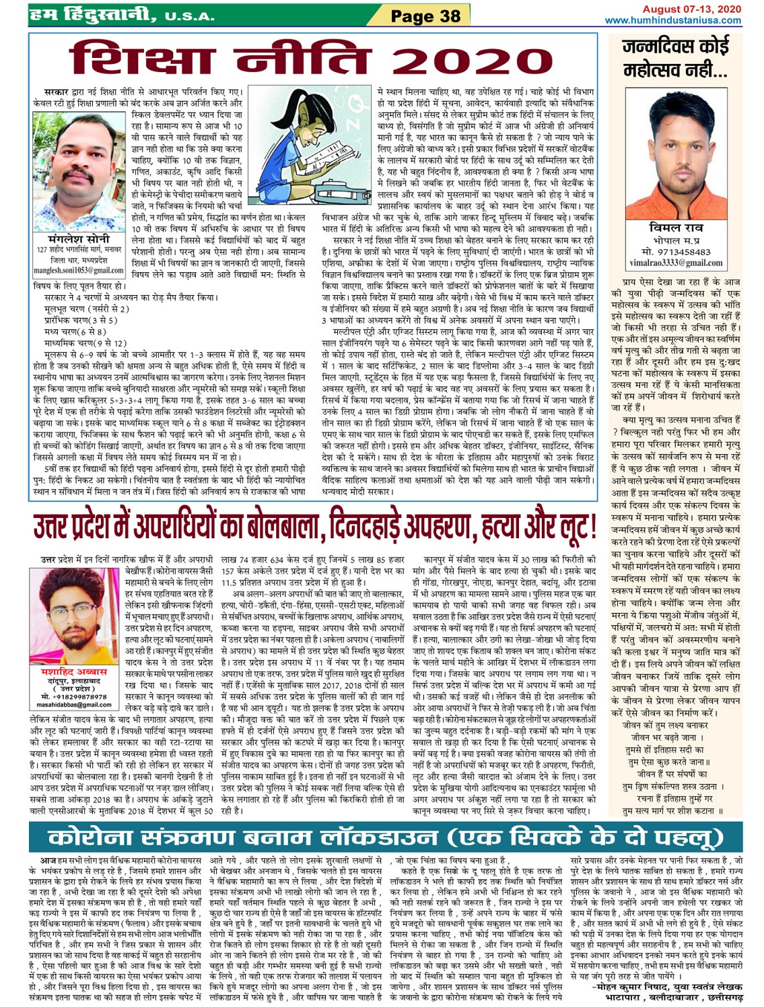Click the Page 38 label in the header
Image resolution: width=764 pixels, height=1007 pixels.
pyautogui.click(x=426, y=15)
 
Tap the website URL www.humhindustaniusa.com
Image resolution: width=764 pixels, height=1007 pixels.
pyautogui.click(x=672, y=20)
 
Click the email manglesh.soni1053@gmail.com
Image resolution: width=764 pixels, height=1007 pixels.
pyautogui.click(x=78, y=271)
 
